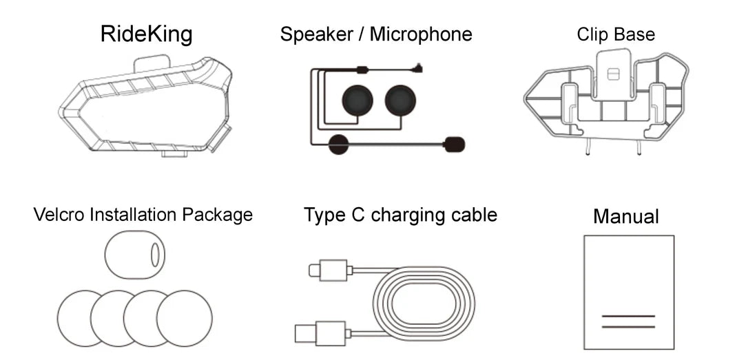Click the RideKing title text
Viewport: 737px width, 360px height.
click(146, 34)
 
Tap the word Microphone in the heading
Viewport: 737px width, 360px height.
click(421, 34)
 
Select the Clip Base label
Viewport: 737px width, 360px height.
click(616, 34)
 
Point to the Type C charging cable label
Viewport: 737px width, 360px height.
click(400, 215)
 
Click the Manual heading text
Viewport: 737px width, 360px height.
click(625, 217)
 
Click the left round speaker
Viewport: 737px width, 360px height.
click(357, 101)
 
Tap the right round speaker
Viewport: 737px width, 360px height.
click(400, 101)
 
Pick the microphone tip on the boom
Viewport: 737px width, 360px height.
click(455, 145)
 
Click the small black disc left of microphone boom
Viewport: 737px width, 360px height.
click(338, 145)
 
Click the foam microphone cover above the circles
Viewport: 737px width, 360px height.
click(135, 255)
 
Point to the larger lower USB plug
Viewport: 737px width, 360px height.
click(311, 332)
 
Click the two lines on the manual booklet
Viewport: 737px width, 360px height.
click(628, 321)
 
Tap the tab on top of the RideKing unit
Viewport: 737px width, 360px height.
click(150, 63)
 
